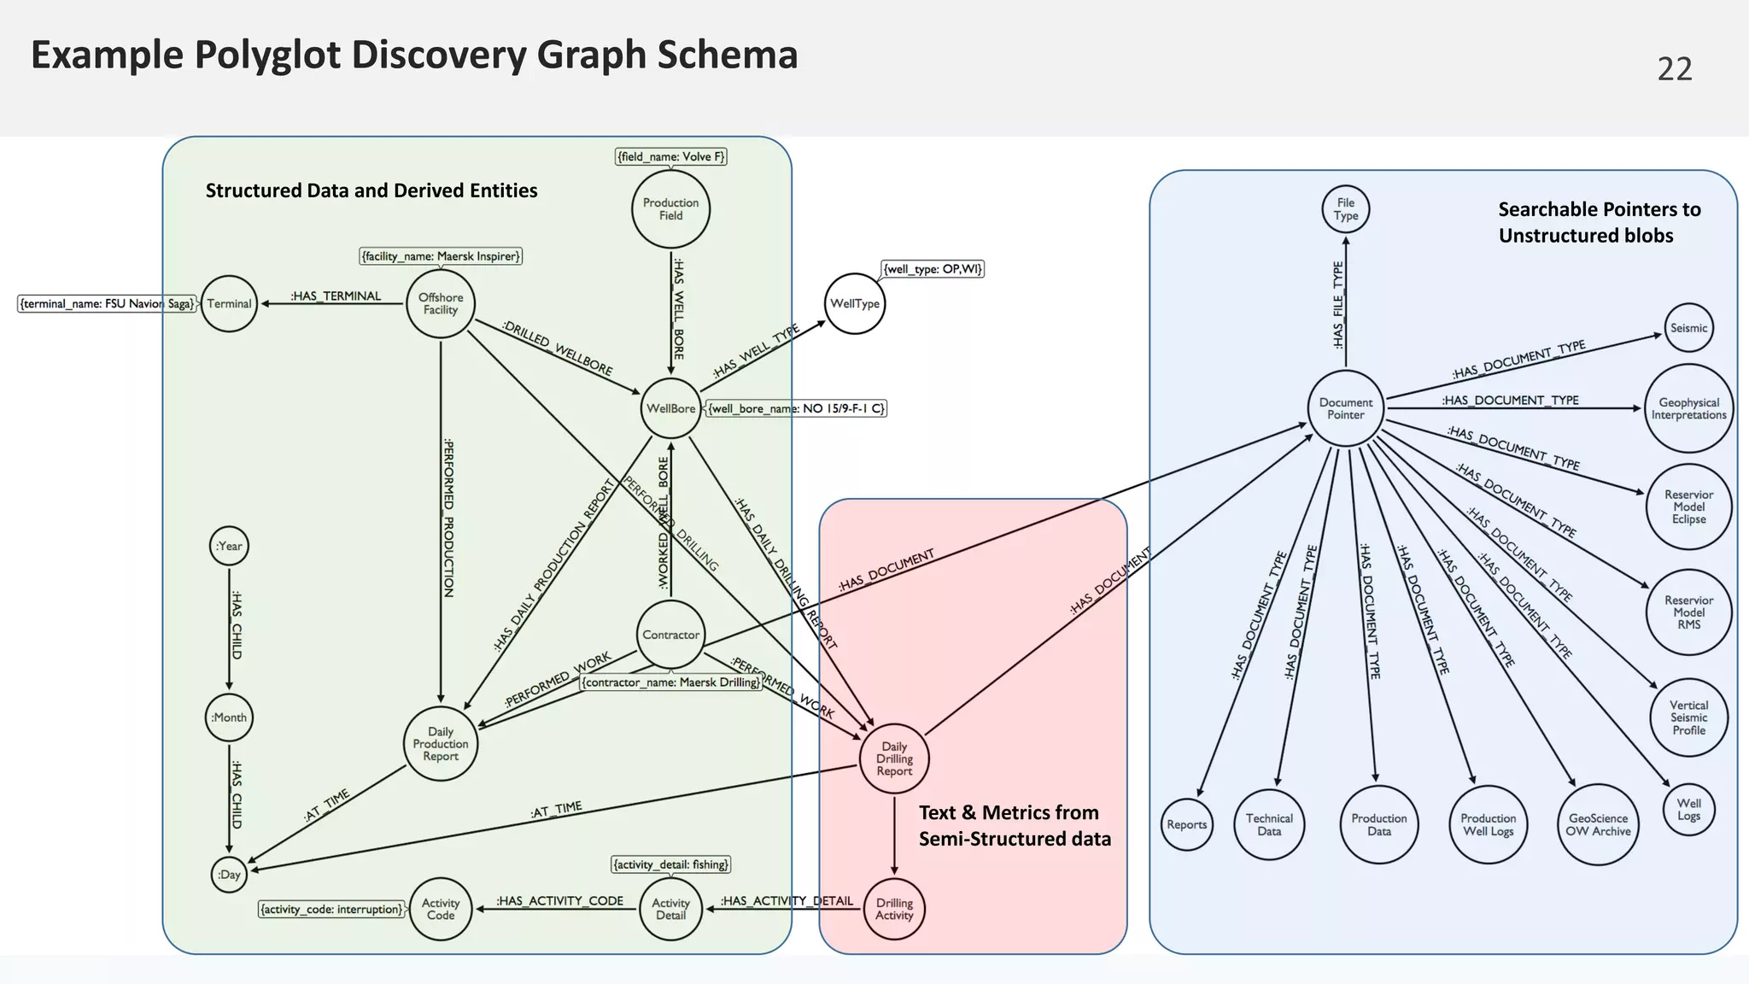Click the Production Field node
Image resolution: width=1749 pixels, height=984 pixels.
tap(670, 209)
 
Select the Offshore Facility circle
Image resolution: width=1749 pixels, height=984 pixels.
tap(441, 304)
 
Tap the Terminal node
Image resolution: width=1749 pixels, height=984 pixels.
tap(229, 304)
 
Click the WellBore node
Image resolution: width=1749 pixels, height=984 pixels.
tap(670, 409)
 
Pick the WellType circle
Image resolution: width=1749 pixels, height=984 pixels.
tap(855, 304)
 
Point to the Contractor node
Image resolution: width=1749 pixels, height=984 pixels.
tap(670, 635)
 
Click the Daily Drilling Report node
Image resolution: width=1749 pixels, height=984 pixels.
tap(894, 759)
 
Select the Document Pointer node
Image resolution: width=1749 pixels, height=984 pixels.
tap(1346, 409)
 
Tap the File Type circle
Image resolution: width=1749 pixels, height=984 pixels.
tap(1346, 209)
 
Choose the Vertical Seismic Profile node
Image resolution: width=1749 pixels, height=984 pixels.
tap(1688, 718)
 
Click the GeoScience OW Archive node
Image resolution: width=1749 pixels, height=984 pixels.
tap(1598, 825)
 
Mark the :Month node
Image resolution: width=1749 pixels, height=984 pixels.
tap(229, 717)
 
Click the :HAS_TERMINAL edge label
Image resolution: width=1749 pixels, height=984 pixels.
tap(336, 296)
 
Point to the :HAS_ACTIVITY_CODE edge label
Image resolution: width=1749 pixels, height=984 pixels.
tap(560, 901)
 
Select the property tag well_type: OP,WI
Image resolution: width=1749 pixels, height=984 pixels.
tap(933, 269)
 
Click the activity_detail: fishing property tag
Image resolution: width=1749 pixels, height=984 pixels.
tap(671, 864)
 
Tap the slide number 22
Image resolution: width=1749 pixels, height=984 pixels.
tap(1674, 69)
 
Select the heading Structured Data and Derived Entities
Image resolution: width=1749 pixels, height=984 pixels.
tap(371, 190)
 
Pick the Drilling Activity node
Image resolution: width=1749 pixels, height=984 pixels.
tap(894, 910)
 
